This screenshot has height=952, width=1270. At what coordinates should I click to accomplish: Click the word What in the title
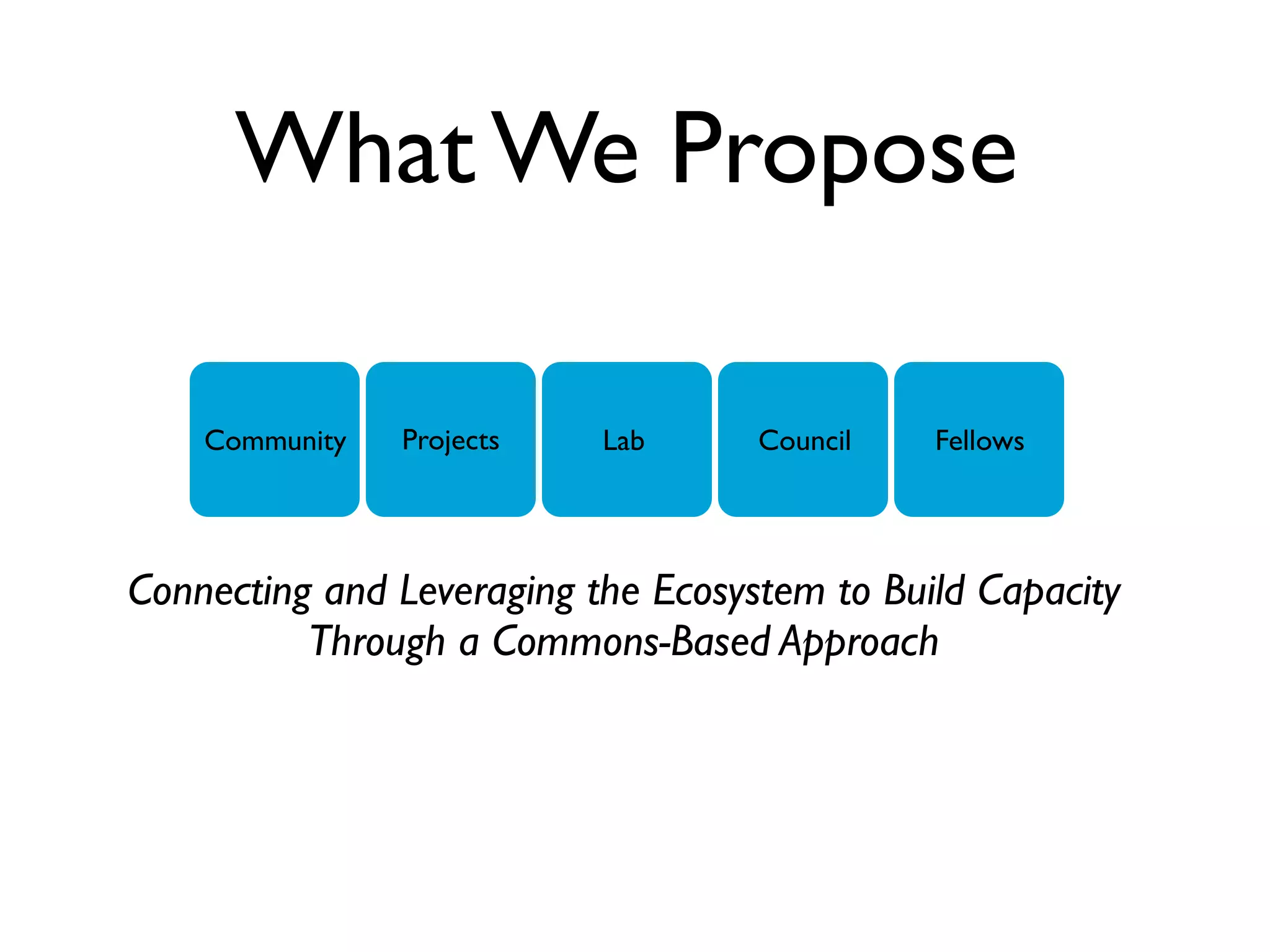click(356, 149)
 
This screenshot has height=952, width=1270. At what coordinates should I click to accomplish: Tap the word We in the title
click(567, 149)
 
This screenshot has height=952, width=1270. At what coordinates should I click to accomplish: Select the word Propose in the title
click(843, 152)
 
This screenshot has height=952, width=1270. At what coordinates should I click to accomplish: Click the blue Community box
click(275, 439)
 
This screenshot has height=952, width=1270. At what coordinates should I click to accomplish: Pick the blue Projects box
click(451, 439)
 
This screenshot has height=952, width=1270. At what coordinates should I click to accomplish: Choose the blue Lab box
click(626, 439)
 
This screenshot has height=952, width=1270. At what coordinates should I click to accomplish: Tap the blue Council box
click(803, 439)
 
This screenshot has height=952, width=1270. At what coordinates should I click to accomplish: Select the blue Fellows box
click(979, 439)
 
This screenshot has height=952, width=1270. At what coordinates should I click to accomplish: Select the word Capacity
click(1049, 592)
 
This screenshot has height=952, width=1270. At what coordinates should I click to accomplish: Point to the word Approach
click(859, 642)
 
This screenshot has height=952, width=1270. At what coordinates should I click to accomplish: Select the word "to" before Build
click(854, 592)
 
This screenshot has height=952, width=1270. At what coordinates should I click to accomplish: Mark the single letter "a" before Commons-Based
click(469, 645)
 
